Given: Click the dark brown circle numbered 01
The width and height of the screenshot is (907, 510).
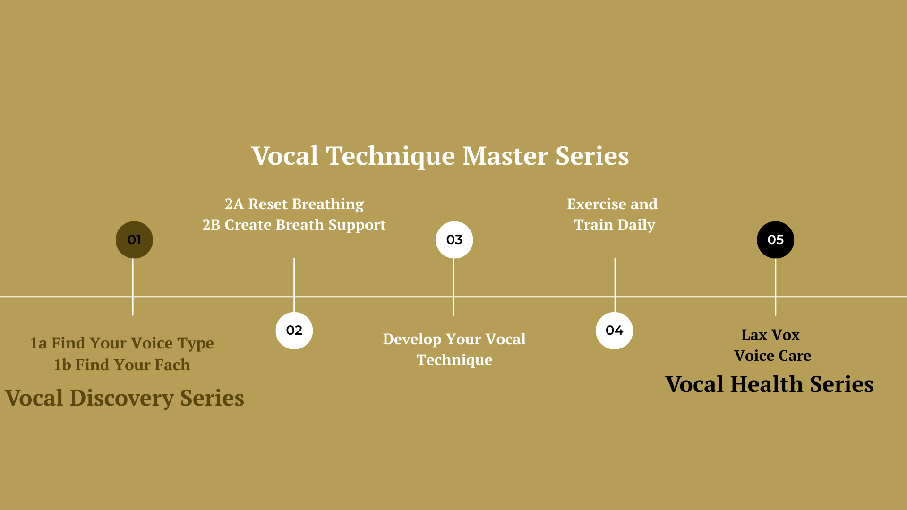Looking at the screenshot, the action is (134, 240).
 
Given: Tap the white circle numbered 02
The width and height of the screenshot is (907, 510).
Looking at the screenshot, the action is (294, 331).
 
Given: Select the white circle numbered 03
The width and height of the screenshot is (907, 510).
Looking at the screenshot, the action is (454, 240).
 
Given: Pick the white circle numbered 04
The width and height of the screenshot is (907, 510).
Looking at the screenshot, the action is (615, 331).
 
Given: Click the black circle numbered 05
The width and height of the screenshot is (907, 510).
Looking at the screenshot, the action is (776, 240).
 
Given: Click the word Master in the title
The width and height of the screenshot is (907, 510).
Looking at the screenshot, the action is (505, 156).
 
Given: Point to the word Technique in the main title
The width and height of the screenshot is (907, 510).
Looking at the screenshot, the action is (390, 157).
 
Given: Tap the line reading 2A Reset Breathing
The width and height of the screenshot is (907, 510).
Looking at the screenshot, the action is (294, 204).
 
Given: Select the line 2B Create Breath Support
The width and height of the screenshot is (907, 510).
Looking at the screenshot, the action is (294, 225).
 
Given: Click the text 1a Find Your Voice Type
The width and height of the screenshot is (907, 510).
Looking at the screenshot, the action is (122, 343).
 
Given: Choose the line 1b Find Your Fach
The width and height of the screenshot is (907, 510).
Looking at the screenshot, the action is (122, 365).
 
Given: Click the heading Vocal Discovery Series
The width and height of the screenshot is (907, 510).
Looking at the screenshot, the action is (125, 398).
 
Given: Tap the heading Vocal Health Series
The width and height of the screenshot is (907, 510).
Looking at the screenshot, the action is (770, 384).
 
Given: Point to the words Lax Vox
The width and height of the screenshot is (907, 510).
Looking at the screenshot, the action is (770, 335).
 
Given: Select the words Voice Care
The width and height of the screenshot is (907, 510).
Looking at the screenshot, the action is (773, 356).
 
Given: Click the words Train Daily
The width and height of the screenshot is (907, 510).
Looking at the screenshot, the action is (615, 225).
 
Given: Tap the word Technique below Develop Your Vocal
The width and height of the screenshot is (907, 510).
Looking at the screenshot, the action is (454, 360).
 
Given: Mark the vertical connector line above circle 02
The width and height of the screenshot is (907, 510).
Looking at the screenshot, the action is (294, 285).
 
